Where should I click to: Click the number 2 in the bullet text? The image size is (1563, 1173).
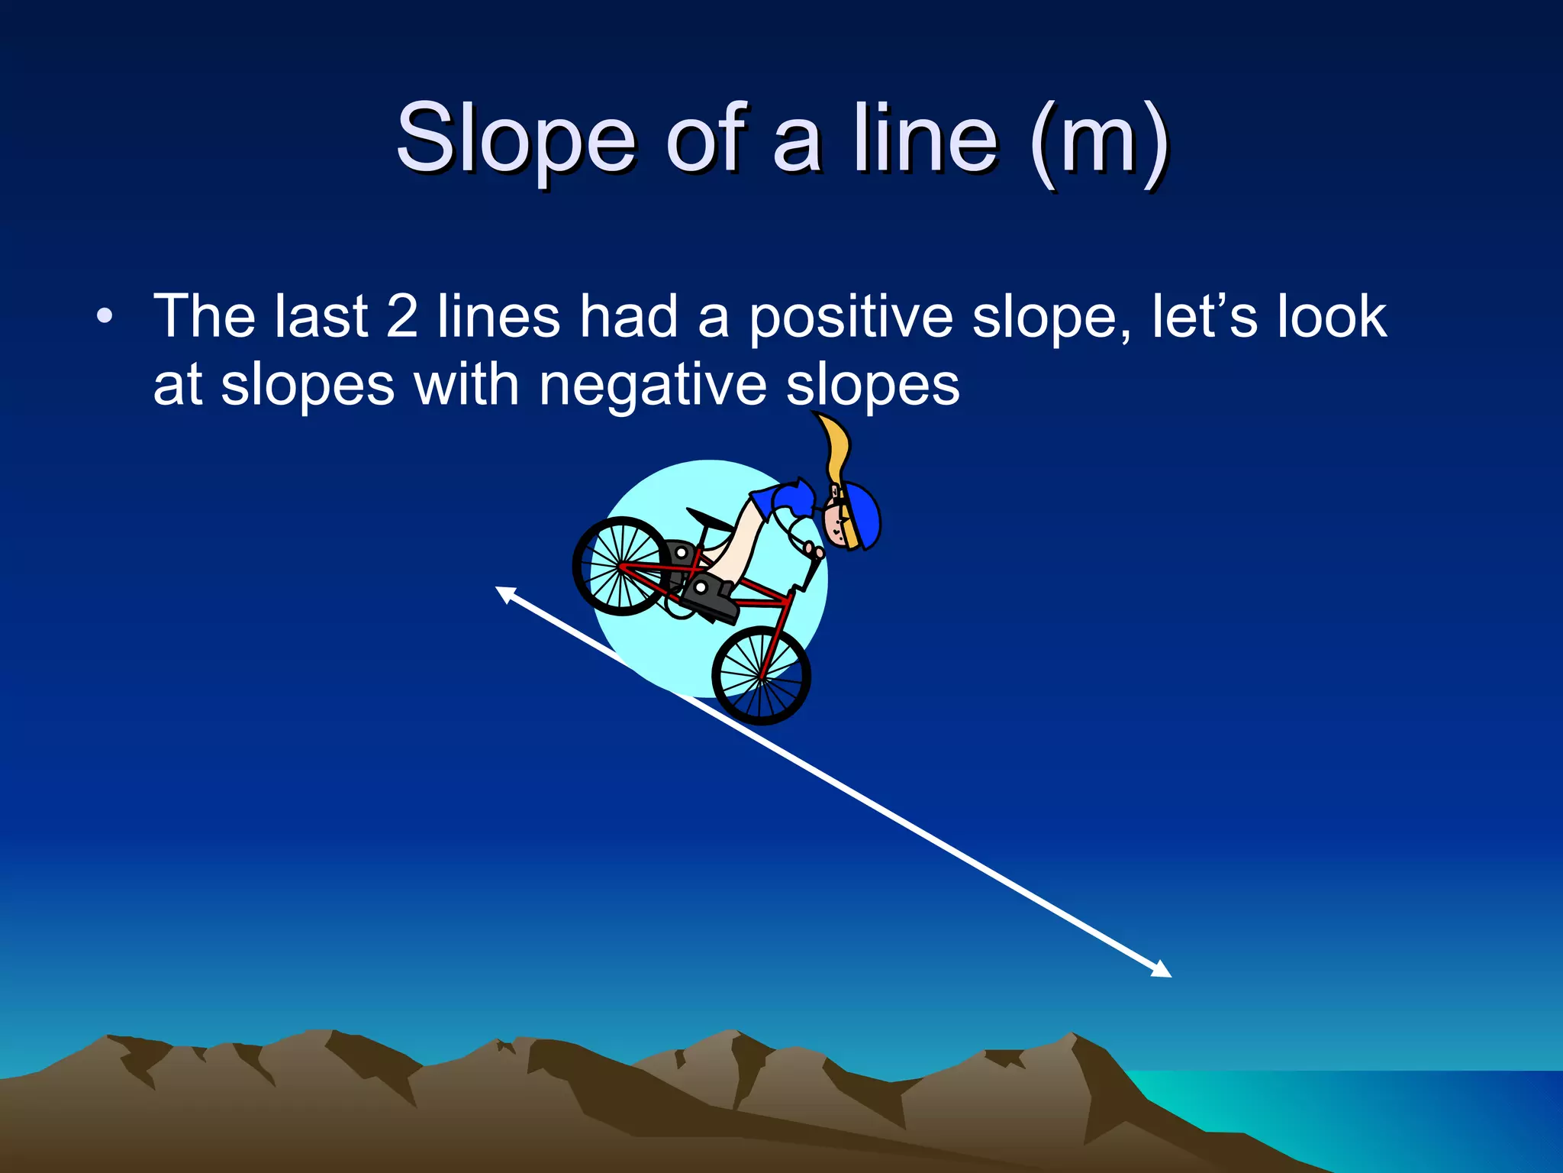tap(402, 316)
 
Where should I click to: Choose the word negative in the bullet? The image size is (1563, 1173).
tap(653, 386)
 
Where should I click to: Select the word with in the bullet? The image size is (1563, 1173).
tap(466, 385)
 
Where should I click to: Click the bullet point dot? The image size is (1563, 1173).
tap(105, 316)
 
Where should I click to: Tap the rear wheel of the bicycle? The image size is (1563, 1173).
tap(621, 566)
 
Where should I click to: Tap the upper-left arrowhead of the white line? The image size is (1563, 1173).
tap(504, 592)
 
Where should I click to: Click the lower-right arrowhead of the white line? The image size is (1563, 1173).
tap(1162, 971)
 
